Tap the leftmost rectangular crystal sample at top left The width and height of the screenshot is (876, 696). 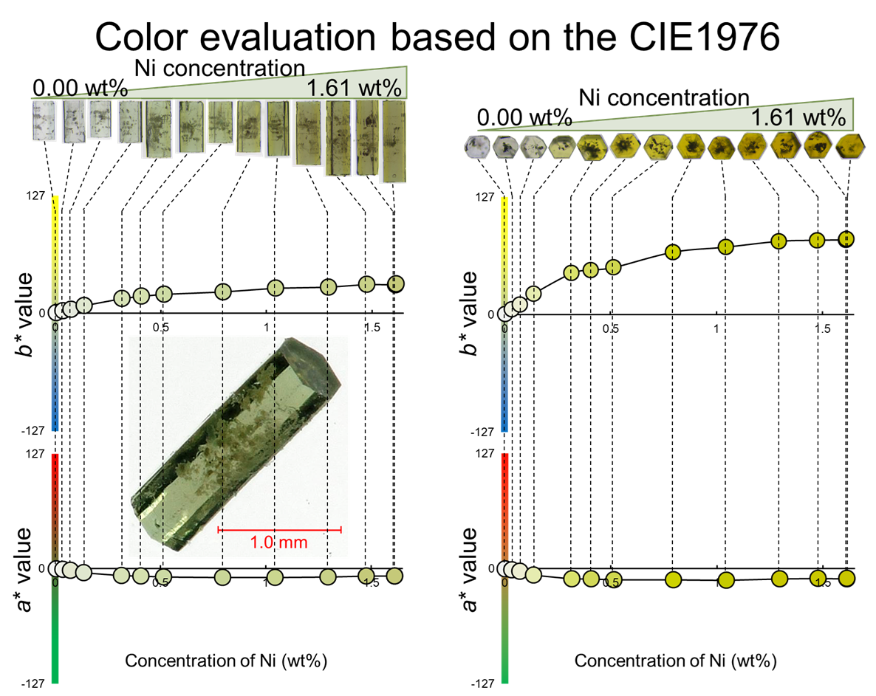coord(44,120)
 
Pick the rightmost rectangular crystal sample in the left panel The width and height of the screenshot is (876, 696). coord(394,140)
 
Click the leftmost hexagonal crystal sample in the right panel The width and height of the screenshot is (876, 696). coord(475,146)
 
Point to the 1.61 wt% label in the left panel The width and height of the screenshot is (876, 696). coord(354,89)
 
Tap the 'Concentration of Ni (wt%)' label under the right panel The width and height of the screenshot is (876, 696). coord(676,659)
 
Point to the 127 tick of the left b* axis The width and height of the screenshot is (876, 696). coord(38,196)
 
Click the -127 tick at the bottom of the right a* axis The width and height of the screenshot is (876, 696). coord(485,683)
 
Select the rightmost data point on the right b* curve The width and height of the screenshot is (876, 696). coord(846,238)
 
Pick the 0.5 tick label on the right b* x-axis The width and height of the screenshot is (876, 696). coord(610,328)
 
